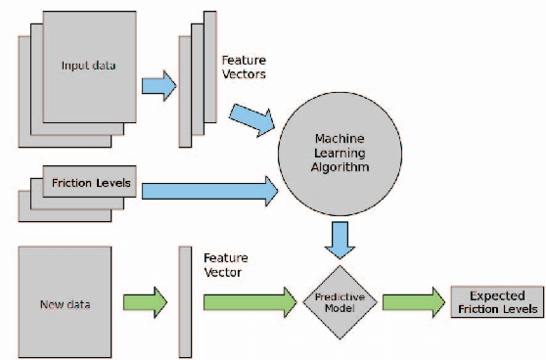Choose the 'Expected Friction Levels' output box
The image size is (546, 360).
(x=496, y=301)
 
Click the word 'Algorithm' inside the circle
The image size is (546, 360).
(x=340, y=167)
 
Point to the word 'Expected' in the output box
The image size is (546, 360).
(x=497, y=294)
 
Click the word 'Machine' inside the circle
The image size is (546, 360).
(x=340, y=139)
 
